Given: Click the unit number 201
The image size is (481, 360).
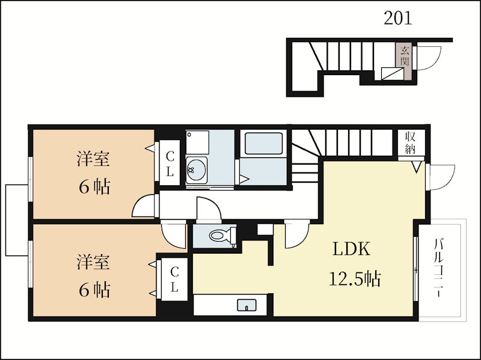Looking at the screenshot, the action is coord(397,18).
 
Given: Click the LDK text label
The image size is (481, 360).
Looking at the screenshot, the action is coord(352,249).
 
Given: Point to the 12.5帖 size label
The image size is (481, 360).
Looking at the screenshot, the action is coord(355,279).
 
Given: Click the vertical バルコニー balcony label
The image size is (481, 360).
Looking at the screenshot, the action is coord(440,267).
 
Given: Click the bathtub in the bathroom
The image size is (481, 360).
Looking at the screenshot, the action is coord(263,143).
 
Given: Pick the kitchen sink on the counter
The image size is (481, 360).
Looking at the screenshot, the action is coord(247,305).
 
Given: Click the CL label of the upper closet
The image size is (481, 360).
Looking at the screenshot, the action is coord(170,165).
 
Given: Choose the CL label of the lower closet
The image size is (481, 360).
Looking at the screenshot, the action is coord(174,279).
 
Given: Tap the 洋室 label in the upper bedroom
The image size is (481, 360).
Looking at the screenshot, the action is coord(93,159).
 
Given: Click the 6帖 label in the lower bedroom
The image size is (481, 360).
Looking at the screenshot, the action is coord(94,290).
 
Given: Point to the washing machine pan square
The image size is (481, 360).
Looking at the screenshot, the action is coord(197,142).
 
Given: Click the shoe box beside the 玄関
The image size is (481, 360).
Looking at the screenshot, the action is coord(392,74).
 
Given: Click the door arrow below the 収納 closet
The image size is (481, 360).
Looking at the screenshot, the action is coord(417,168).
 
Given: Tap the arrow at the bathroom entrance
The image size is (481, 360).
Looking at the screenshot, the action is coord(244,179).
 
